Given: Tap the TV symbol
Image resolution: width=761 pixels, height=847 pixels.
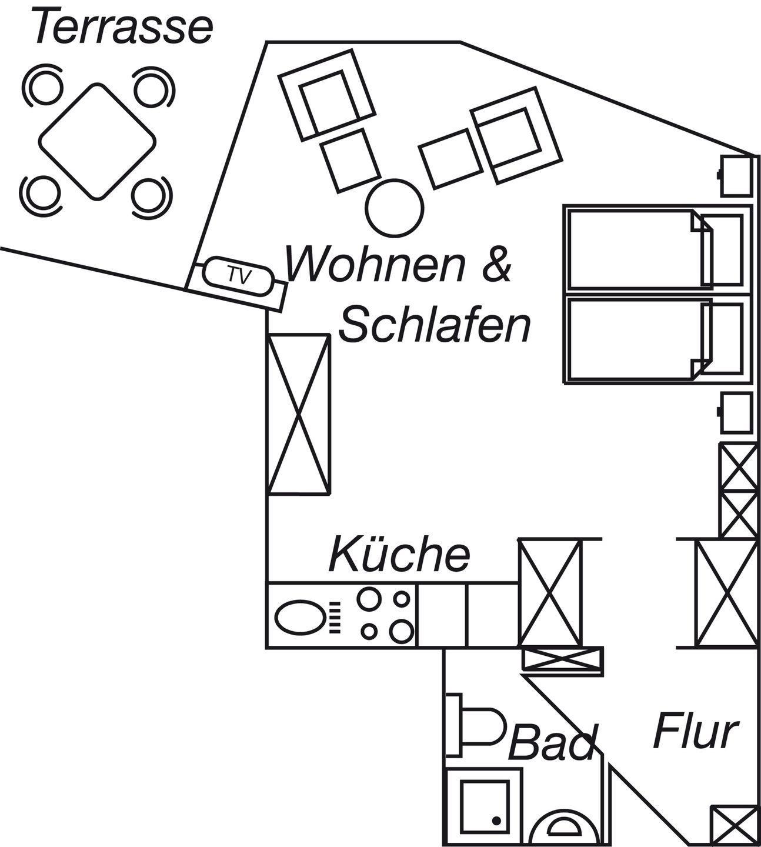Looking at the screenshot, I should point(239,275).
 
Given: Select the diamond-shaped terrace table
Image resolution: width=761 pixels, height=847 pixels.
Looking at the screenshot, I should point(98,141).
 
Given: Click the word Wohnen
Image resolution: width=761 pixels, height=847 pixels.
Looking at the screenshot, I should point(376,264).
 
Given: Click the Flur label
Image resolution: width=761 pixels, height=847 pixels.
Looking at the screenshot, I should point(695,731).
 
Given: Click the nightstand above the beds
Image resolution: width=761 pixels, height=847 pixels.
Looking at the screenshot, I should point(736,176).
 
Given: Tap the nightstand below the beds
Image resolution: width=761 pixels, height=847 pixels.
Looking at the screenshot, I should point(736,413).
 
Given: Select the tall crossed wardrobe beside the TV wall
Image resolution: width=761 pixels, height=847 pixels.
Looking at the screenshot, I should point(298,414).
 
